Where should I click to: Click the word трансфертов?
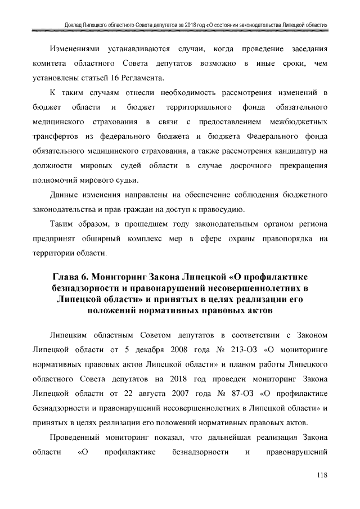(x=56, y=136)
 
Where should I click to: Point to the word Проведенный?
(x=76, y=437)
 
